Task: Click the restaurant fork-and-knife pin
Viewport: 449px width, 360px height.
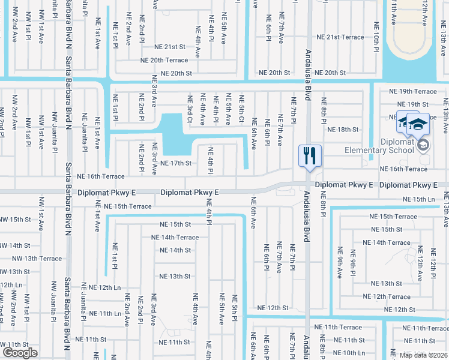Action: tap(310, 156)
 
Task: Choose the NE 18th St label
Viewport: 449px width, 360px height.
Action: tap(343, 129)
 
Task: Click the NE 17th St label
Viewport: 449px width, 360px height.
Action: tap(176, 163)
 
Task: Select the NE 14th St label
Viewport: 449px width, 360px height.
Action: tap(175, 250)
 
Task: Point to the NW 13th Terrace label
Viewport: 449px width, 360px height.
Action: tap(37, 259)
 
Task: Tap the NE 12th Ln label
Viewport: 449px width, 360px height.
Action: tap(102, 287)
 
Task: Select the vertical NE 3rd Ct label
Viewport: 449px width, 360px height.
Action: tap(190, 109)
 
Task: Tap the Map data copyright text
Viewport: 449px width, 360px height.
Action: tap(423, 355)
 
